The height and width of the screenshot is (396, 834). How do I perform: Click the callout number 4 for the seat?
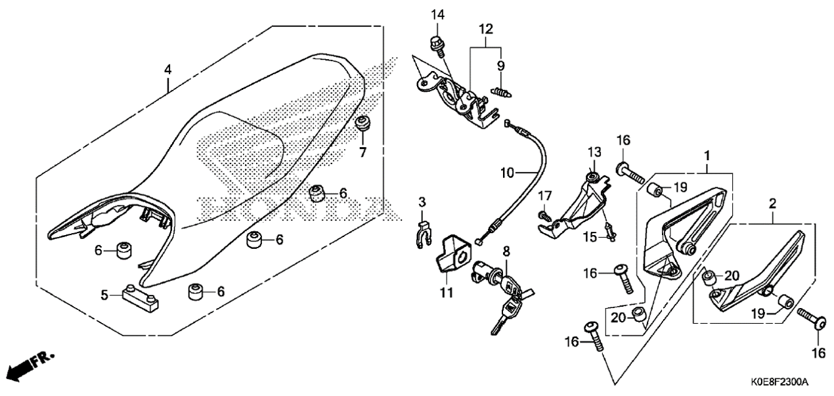(168, 70)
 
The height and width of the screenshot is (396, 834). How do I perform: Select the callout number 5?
(104, 295)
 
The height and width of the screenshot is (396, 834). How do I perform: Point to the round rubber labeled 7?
(362, 124)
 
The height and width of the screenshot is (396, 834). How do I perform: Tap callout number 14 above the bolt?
(438, 15)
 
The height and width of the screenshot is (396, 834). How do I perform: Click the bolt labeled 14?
(437, 47)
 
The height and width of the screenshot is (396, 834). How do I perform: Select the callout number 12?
(486, 29)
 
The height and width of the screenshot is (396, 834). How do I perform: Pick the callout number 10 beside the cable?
(507, 173)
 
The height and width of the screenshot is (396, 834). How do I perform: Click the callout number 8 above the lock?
(506, 252)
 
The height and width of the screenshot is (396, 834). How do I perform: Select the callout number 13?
(594, 152)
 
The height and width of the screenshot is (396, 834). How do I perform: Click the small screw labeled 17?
(544, 216)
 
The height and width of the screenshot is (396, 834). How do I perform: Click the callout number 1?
(707, 156)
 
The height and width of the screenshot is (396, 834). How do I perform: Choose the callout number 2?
(772, 204)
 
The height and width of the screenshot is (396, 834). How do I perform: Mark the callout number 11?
(447, 293)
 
